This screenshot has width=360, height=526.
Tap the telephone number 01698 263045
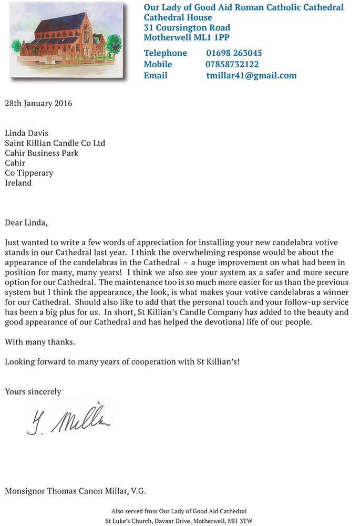click(x=234, y=53)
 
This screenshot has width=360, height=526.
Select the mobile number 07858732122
click(x=232, y=64)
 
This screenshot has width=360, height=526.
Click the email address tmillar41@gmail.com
click(x=251, y=76)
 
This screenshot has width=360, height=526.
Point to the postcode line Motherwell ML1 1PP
click(x=187, y=37)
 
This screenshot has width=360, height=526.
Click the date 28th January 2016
click(x=38, y=103)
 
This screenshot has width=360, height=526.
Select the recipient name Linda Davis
click(x=26, y=133)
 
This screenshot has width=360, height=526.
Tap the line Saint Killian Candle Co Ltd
click(x=55, y=143)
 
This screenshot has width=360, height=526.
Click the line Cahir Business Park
click(x=42, y=153)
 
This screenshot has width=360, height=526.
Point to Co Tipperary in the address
click(x=29, y=173)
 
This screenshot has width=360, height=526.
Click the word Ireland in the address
click(x=18, y=183)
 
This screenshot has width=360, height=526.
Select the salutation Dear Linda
click(x=26, y=222)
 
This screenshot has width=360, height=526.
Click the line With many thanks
click(x=40, y=342)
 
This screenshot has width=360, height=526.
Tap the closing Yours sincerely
click(x=33, y=391)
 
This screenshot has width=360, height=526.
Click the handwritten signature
click(x=68, y=419)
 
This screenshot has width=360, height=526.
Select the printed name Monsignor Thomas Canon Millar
click(x=75, y=491)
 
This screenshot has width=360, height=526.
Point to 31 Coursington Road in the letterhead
click(x=187, y=27)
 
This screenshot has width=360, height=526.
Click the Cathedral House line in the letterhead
click(x=178, y=17)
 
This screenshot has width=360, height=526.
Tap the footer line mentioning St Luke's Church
click(x=179, y=521)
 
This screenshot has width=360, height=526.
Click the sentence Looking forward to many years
click(x=122, y=362)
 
